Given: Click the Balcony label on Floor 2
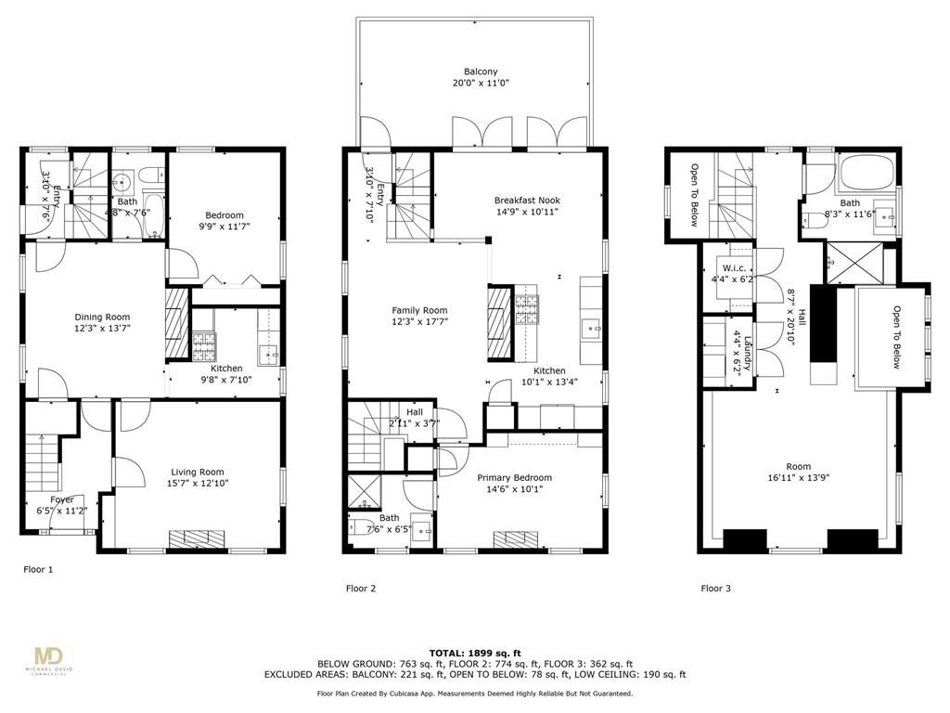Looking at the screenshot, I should [481, 71].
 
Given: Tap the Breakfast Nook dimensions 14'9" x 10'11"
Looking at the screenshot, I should [527, 212].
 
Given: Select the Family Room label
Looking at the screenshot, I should [419, 311].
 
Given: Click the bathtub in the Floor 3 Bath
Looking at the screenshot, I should [866, 173].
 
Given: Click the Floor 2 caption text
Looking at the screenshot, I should [361, 589].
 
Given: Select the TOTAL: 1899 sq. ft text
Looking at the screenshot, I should [474, 652].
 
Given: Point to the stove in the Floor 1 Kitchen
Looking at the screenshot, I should [204, 347].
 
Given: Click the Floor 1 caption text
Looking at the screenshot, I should [38, 569].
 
